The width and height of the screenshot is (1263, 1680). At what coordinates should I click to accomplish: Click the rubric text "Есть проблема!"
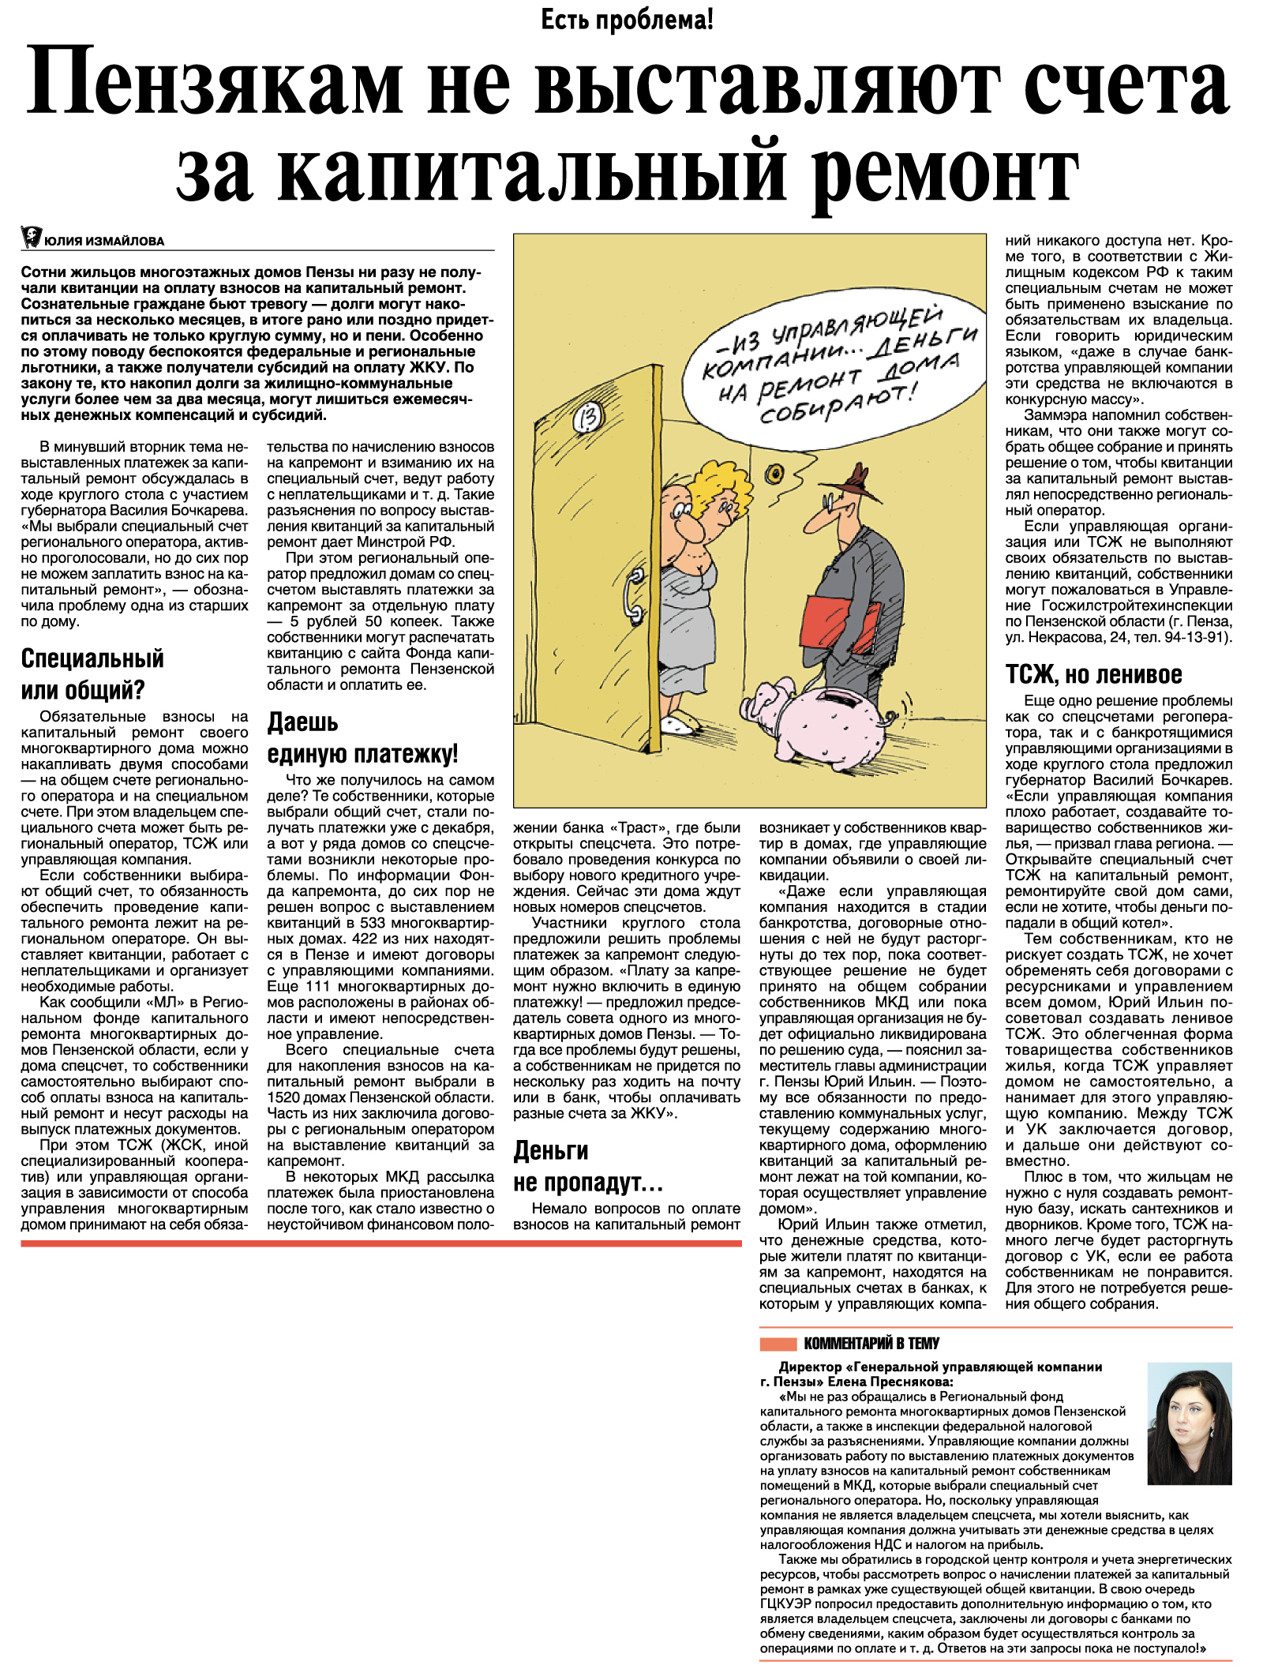(627, 20)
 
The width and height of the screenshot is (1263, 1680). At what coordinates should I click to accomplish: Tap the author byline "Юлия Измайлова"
(104, 241)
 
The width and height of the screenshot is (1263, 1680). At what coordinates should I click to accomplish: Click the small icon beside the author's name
(31, 237)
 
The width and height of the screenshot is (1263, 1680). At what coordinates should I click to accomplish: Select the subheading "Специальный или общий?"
(92, 674)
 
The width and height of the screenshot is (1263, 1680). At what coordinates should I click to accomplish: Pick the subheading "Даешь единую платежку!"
(362, 738)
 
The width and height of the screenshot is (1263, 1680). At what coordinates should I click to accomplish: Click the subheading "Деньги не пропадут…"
(588, 1167)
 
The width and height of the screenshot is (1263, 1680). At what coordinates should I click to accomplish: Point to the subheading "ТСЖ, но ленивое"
(1093, 674)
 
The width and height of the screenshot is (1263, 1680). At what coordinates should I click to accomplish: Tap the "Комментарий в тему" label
(871, 1343)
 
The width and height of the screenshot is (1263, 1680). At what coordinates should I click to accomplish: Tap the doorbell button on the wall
(775, 473)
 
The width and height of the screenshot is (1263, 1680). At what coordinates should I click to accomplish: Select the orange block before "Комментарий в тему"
(778, 1344)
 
